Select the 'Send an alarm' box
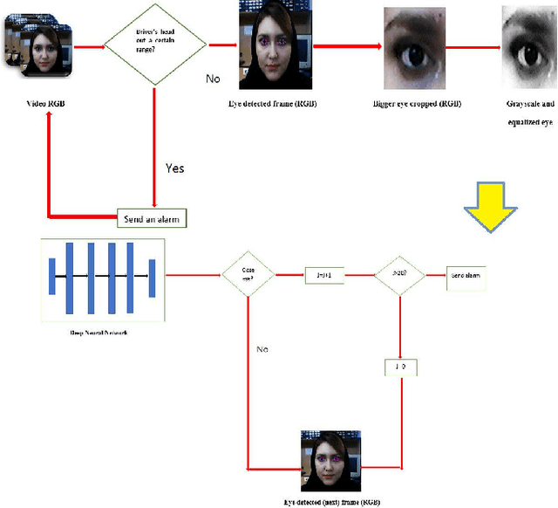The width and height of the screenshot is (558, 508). pyautogui.click(x=153, y=217)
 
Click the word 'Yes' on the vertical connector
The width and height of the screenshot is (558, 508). pyautogui.click(x=174, y=168)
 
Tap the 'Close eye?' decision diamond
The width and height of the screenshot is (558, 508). pyautogui.click(x=248, y=275)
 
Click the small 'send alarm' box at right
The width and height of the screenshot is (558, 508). pyautogui.click(x=466, y=276)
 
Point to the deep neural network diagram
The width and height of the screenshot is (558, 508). pyautogui.click(x=102, y=274)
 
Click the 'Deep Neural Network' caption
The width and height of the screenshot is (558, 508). pyautogui.click(x=101, y=333)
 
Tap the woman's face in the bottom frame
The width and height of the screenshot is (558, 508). pyautogui.click(x=330, y=456)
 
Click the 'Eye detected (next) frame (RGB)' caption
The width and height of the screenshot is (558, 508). pyautogui.click(x=330, y=503)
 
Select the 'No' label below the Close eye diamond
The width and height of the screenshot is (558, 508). pyautogui.click(x=262, y=349)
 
